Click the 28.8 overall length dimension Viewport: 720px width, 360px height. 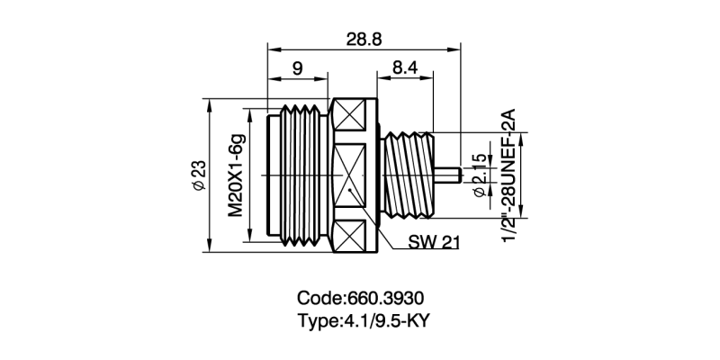[x=363, y=40]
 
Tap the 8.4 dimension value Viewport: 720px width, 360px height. [x=405, y=68]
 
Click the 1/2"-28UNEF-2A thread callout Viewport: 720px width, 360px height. [x=508, y=175]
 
